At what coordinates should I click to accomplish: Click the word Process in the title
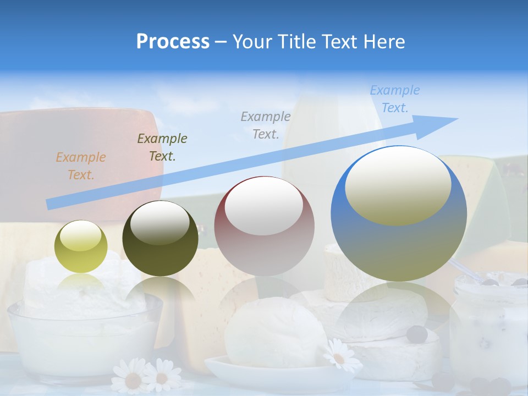point(173,42)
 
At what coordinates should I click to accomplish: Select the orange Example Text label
point(80,166)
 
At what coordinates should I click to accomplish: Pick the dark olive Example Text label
point(162,147)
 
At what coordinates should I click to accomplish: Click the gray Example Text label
point(265,125)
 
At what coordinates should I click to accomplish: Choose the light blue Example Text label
point(394,99)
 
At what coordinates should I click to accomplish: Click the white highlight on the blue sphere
point(398,186)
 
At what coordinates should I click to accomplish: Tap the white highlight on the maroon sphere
point(263,205)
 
